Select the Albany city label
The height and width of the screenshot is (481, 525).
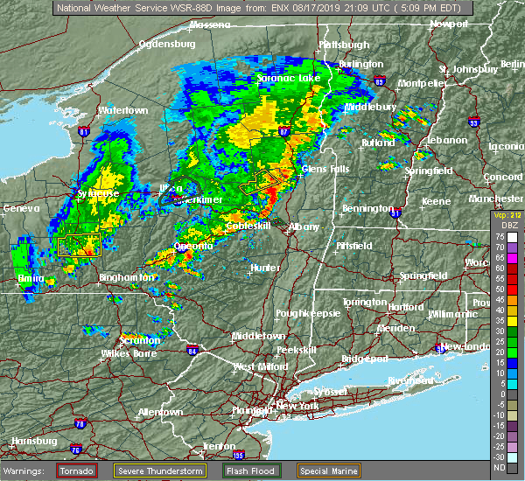pyautogui.click(x=304, y=227)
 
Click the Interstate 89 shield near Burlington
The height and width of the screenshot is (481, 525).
pyautogui.click(x=379, y=80)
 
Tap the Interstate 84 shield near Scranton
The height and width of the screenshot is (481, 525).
pyautogui.click(x=192, y=351)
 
